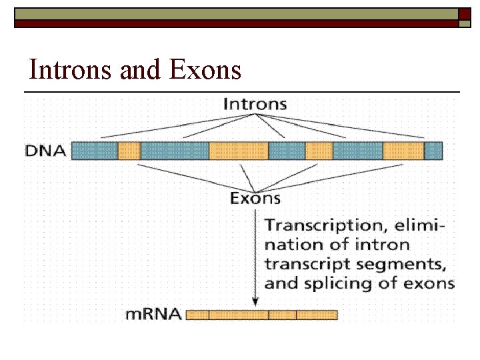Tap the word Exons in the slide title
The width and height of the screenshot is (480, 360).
(x=206, y=69)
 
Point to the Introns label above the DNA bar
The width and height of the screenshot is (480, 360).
(x=255, y=104)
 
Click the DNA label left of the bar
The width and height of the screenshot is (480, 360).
(x=46, y=151)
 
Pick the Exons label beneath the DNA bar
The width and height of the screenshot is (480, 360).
(x=255, y=198)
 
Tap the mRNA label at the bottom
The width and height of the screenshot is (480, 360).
(x=153, y=314)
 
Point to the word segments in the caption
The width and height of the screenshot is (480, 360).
(x=395, y=264)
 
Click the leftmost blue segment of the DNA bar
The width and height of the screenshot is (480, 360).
(x=94, y=151)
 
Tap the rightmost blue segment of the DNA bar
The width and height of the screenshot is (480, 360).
(x=433, y=151)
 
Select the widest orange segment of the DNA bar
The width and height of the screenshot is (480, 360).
(x=238, y=151)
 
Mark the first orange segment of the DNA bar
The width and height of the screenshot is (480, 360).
(x=129, y=151)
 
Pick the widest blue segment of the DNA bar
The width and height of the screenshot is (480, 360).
(x=174, y=151)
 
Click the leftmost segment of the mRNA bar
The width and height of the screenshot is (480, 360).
(x=197, y=314)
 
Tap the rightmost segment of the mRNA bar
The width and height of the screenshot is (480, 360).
(x=317, y=314)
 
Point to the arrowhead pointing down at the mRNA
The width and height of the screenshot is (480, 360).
(x=254, y=301)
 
